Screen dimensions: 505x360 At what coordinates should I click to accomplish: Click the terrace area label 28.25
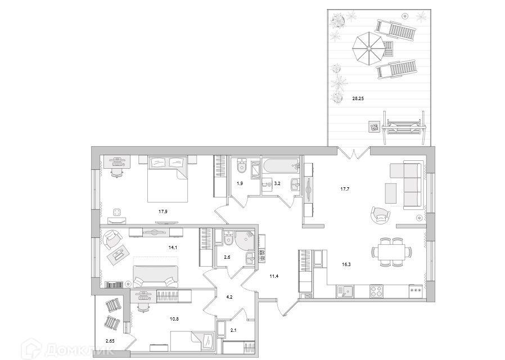[x=358, y=99]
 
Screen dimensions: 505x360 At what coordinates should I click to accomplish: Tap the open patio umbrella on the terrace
[x=368, y=49]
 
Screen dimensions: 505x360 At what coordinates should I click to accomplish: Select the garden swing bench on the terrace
[x=404, y=127]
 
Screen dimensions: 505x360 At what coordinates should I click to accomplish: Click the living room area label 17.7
[x=345, y=190]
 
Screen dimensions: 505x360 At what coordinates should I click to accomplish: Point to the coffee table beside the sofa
[x=391, y=193]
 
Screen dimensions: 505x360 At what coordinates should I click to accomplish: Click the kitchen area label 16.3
[x=346, y=265]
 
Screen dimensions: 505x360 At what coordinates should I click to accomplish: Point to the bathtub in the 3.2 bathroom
[x=281, y=166]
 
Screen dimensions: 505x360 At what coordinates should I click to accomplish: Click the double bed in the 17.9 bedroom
[x=168, y=179]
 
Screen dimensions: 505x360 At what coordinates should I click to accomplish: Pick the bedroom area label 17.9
[x=163, y=212]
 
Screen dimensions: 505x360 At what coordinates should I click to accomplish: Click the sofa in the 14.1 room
[x=155, y=277]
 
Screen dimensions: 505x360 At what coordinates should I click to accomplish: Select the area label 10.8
[x=174, y=319]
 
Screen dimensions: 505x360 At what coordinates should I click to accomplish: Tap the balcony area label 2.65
[x=110, y=340]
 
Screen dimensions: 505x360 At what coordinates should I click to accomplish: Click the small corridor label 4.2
[x=229, y=297]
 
